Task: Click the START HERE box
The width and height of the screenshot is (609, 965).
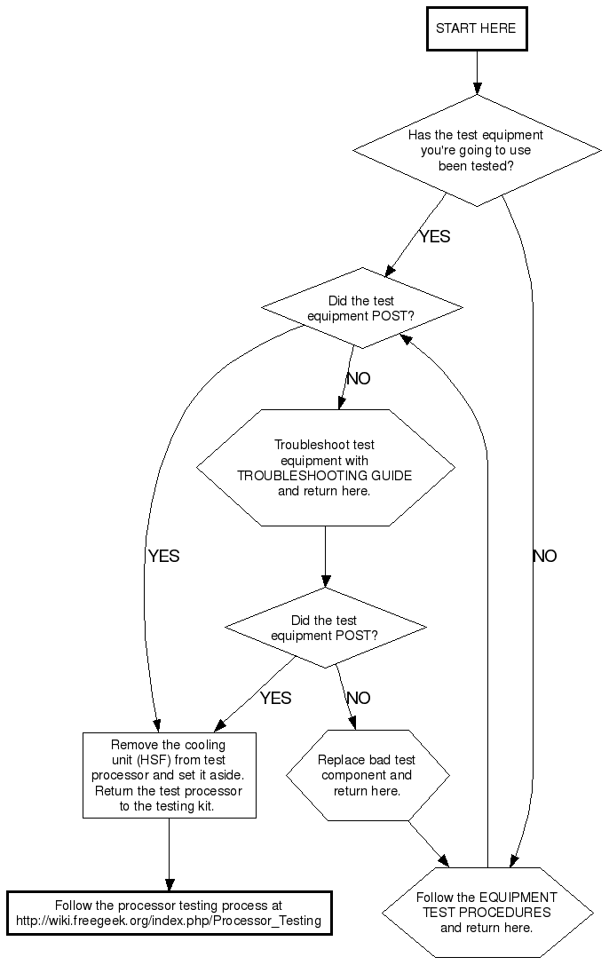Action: tap(476, 28)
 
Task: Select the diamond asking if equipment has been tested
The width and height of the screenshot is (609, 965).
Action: tap(477, 151)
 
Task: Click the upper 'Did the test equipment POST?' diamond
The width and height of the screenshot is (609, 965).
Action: tap(361, 308)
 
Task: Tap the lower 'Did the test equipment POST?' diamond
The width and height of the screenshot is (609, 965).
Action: tap(325, 628)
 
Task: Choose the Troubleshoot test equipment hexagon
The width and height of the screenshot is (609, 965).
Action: tap(325, 467)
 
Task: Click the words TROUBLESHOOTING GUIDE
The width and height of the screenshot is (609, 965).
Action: tap(325, 475)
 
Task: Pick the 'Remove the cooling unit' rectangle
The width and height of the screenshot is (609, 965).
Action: tap(169, 775)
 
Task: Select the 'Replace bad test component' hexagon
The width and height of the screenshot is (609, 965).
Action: tap(367, 775)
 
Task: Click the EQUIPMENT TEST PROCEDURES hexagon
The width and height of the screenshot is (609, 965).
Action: tap(486, 912)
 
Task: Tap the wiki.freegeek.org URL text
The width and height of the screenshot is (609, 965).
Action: tap(169, 921)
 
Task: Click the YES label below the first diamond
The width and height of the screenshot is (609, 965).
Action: tap(434, 236)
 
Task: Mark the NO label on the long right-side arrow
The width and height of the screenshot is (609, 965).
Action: tap(544, 557)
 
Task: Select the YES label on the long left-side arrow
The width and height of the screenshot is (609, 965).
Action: tap(163, 557)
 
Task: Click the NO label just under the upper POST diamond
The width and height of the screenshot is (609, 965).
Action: tap(358, 378)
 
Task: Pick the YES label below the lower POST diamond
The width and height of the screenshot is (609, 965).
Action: tap(275, 698)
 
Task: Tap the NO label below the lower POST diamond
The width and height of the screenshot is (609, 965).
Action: tap(358, 698)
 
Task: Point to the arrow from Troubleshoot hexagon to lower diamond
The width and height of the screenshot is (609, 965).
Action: tap(325, 557)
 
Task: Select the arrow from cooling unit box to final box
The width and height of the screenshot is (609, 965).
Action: tap(169, 853)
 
